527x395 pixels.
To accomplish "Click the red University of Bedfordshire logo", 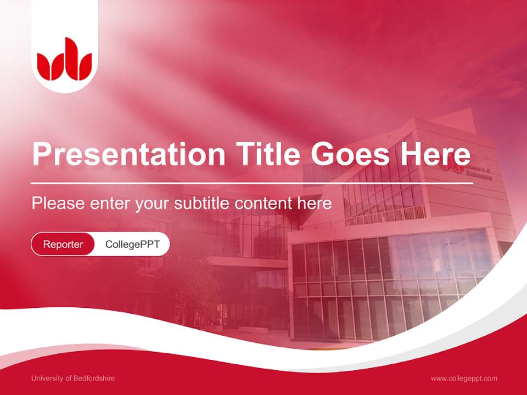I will click(x=65, y=59).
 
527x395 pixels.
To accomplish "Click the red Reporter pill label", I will click(x=63, y=244).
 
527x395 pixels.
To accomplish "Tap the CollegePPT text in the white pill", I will click(x=132, y=244).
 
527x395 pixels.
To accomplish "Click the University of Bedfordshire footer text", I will click(x=73, y=379).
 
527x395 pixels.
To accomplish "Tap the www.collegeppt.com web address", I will click(x=464, y=379).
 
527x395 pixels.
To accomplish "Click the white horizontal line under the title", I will click(x=252, y=183).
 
